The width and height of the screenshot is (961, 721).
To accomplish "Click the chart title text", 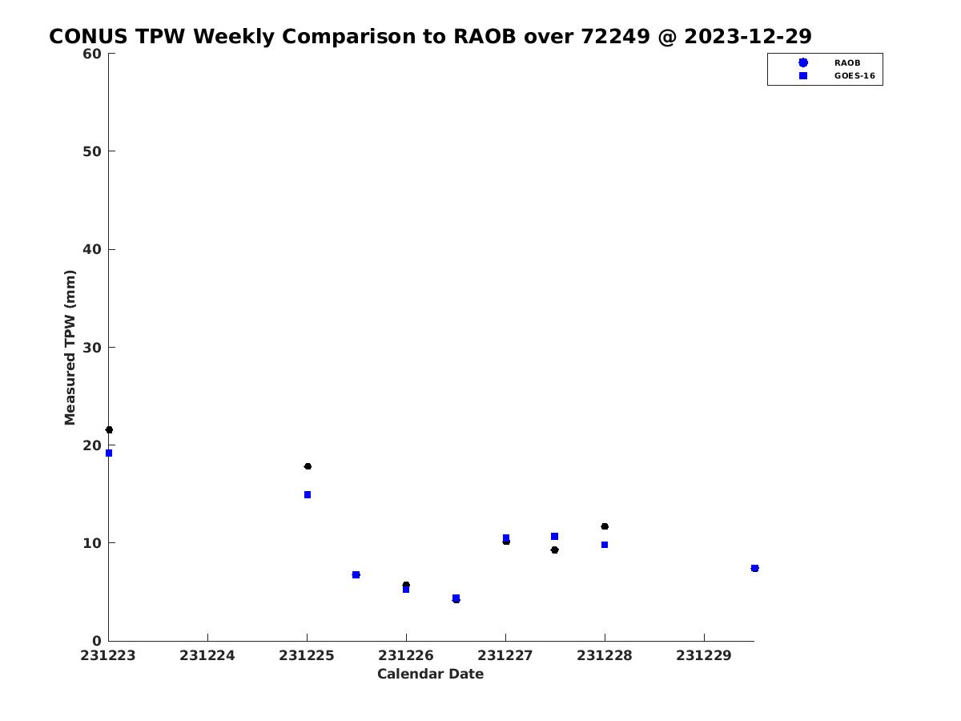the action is click(x=430, y=36).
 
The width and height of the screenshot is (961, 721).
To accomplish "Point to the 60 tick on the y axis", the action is click(x=91, y=54).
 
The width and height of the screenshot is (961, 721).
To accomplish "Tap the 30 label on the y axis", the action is click(x=91, y=348).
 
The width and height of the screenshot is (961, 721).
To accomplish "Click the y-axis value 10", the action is click(x=91, y=543).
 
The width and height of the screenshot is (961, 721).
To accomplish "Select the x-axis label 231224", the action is click(x=207, y=655).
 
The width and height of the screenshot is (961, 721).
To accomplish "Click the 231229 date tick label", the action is click(x=704, y=655).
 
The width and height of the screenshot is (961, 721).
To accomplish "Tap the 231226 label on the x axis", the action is click(x=405, y=655).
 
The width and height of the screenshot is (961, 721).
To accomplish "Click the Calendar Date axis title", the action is click(x=430, y=674).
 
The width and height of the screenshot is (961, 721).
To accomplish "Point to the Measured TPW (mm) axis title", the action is click(x=70, y=348).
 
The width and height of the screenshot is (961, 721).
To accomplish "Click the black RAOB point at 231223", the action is click(x=109, y=430).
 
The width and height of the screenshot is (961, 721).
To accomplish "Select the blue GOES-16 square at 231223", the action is click(x=109, y=453).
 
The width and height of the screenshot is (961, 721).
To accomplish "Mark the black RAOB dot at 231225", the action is click(x=308, y=466).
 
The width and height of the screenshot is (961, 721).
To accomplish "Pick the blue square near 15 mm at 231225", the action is click(x=308, y=494).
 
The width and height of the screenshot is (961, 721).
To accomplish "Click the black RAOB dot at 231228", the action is click(x=605, y=526).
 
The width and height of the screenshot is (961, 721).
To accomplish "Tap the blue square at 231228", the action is click(x=604, y=545).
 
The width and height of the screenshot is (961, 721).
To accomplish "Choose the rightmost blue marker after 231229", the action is click(x=754, y=568).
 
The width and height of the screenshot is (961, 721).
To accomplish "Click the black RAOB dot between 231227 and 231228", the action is click(x=555, y=550).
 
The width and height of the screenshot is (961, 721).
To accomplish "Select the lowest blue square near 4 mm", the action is click(x=456, y=598).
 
